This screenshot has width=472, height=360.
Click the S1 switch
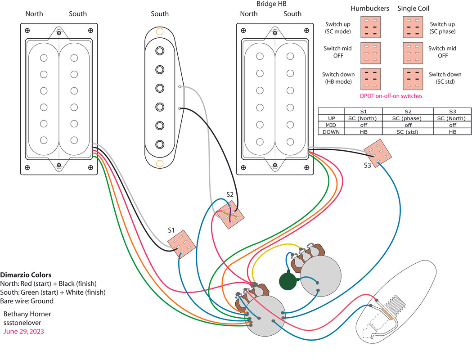point(182,243)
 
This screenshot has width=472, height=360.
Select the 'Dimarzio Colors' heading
point(26,274)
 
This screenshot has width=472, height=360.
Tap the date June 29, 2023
point(23,331)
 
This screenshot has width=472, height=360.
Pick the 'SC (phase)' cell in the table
point(408,118)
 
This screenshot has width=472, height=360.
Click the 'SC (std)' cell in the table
point(408,132)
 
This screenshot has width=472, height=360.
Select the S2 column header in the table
point(408,111)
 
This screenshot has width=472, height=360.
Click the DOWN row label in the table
point(331,132)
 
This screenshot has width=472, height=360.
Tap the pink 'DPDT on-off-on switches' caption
point(391,96)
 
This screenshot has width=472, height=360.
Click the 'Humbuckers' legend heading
point(369,9)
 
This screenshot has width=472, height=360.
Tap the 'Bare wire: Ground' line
point(27,301)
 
